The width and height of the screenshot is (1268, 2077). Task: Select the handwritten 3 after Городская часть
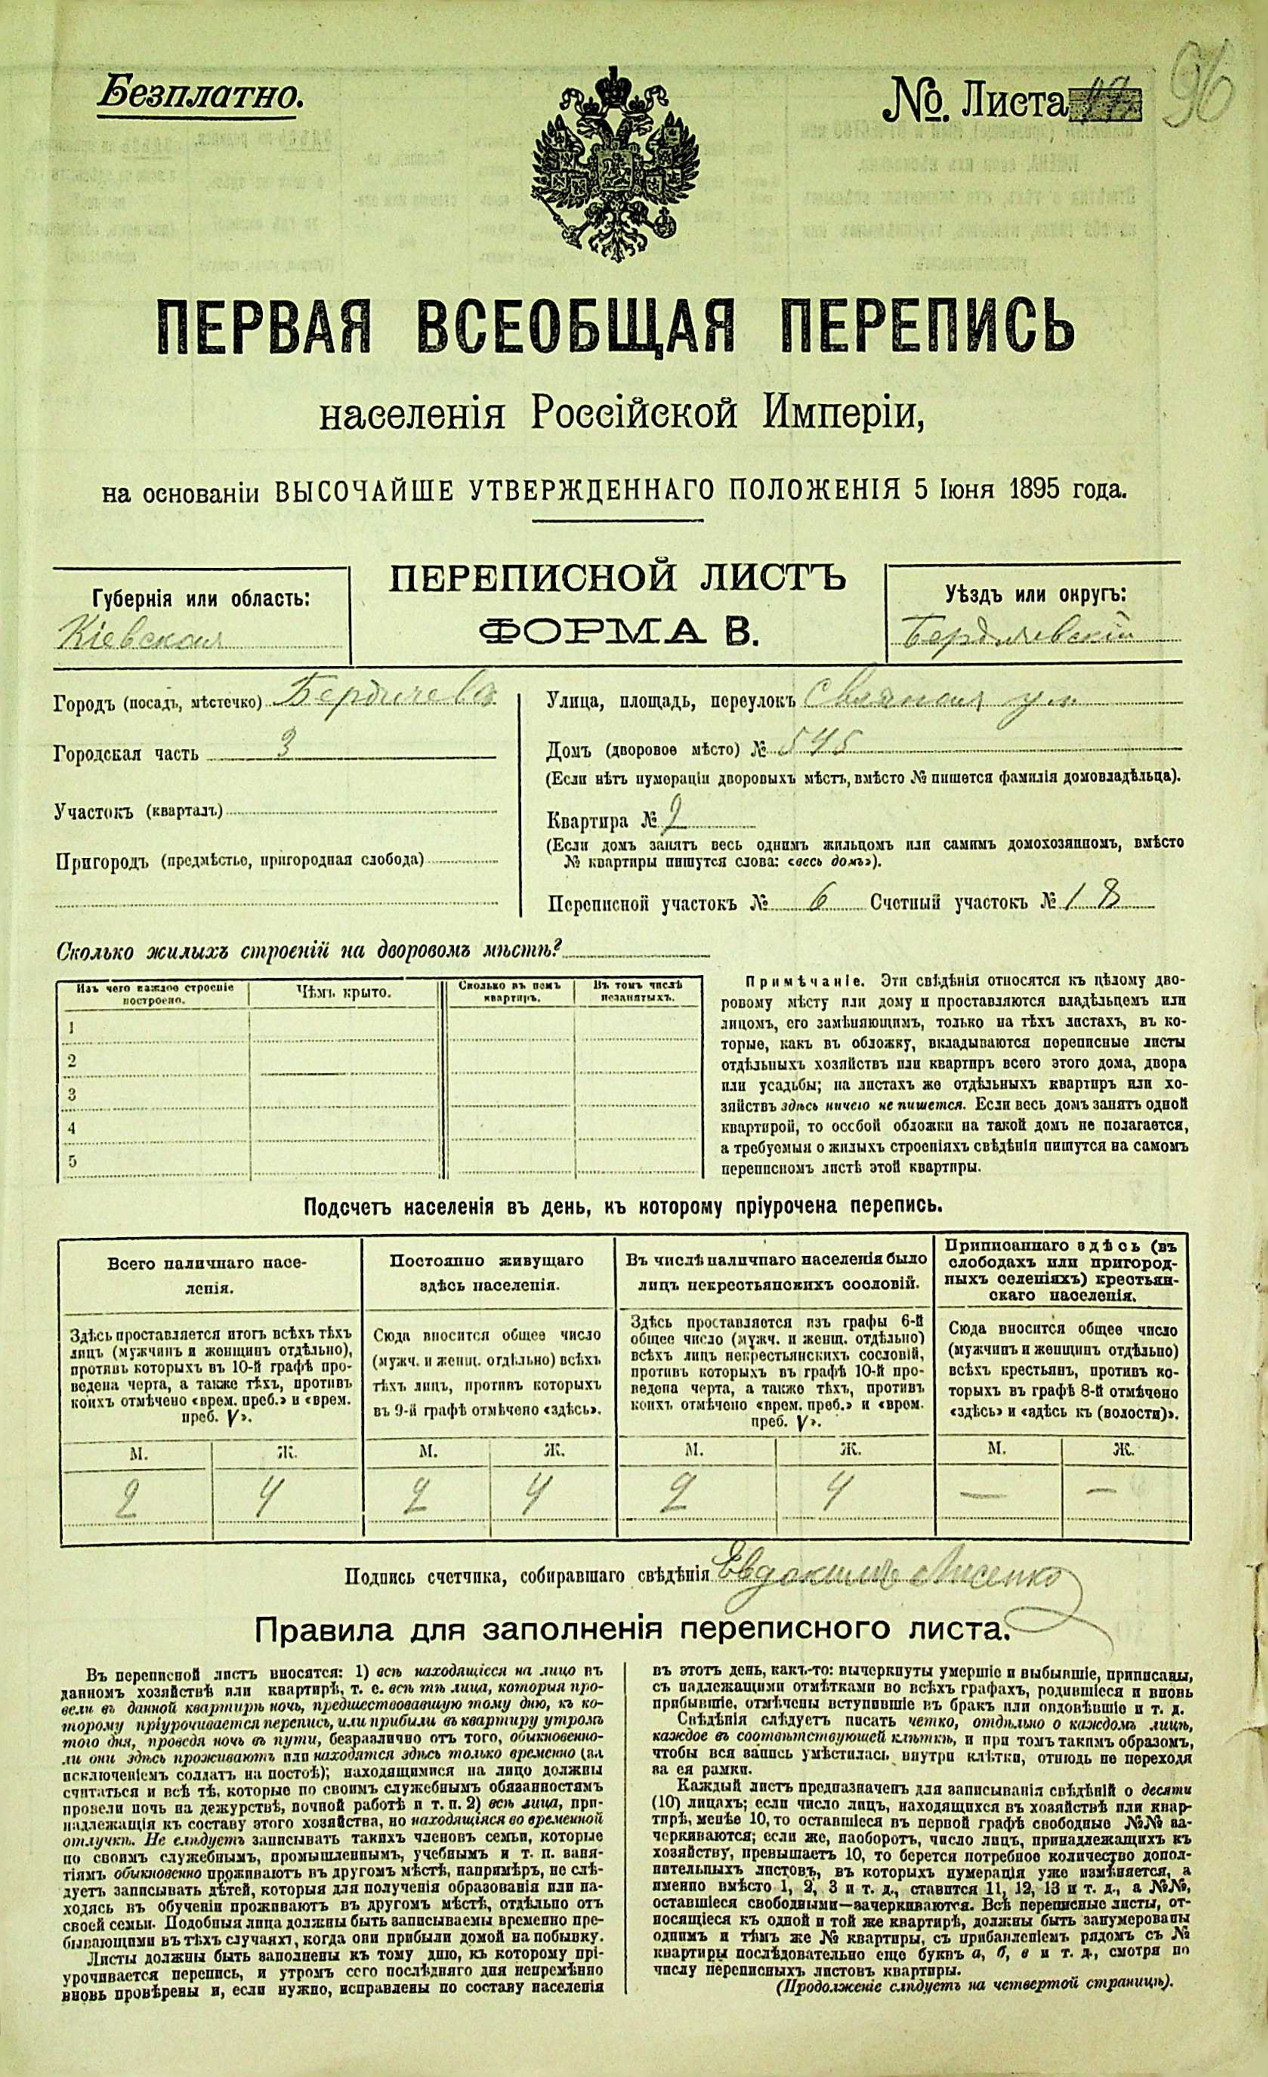(x=285, y=749)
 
